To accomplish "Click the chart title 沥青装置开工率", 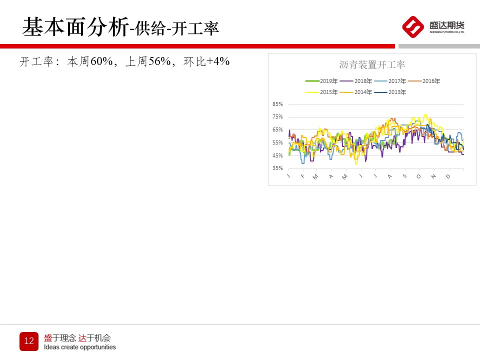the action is (x=372, y=64).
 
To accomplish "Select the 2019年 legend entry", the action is (x=321, y=81).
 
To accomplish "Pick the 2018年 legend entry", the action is (x=355, y=81).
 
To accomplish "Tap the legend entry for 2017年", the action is (x=390, y=81).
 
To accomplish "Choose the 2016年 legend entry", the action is (x=424, y=81).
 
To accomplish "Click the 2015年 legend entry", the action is (x=321, y=92).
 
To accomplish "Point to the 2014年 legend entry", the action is (x=355, y=92).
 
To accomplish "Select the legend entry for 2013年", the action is (x=390, y=92).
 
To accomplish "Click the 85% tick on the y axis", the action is (x=277, y=104).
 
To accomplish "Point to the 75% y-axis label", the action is (x=277, y=116).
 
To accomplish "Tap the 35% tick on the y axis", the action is (x=277, y=168).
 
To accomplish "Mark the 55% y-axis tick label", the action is (x=277, y=142).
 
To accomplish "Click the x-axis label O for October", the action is (x=418, y=176).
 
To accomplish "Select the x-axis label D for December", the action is (x=448, y=176).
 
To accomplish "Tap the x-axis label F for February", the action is (x=302, y=176).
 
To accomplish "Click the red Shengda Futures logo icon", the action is (x=413, y=27).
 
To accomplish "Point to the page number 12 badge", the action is (x=29, y=341).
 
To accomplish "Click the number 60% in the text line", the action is (x=102, y=61).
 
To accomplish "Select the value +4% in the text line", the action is (x=218, y=61).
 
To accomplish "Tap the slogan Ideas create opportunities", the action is (x=80, y=347).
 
